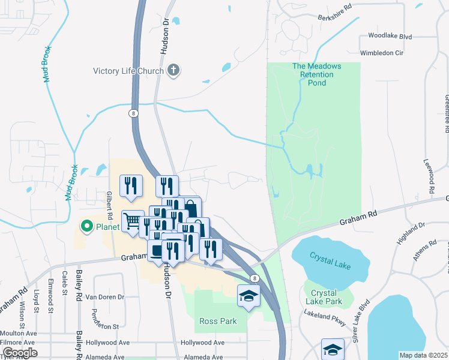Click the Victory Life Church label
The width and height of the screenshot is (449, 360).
pyautogui.click(x=128, y=71)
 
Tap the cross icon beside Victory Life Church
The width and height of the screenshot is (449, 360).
pyautogui.click(x=173, y=71)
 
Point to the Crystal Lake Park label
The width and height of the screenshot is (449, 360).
pyautogui.click(x=324, y=297)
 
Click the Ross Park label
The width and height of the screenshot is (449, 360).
pyautogui.click(x=218, y=321)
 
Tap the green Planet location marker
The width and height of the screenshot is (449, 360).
pyautogui.click(x=86, y=226)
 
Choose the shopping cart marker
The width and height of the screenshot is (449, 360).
pyautogui.click(x=131, y=221)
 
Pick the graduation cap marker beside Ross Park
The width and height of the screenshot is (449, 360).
pyautogui.click(x=248, y=296)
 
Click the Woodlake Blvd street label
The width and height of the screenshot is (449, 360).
pyautogui.click(x=390, y=37)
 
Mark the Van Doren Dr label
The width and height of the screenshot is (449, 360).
pyautogui.click(x=104, y=297)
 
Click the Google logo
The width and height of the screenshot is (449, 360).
pyautogui.click(x=20, y=352)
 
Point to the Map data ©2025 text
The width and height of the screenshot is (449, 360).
pyautogui.click(x=423, y=355)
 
